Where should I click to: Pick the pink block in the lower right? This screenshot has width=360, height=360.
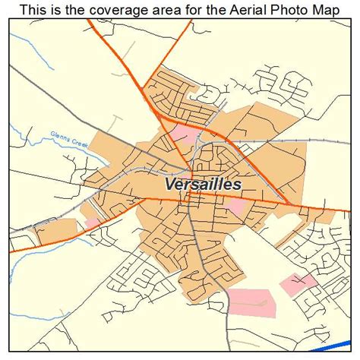(x=298, y=284)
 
